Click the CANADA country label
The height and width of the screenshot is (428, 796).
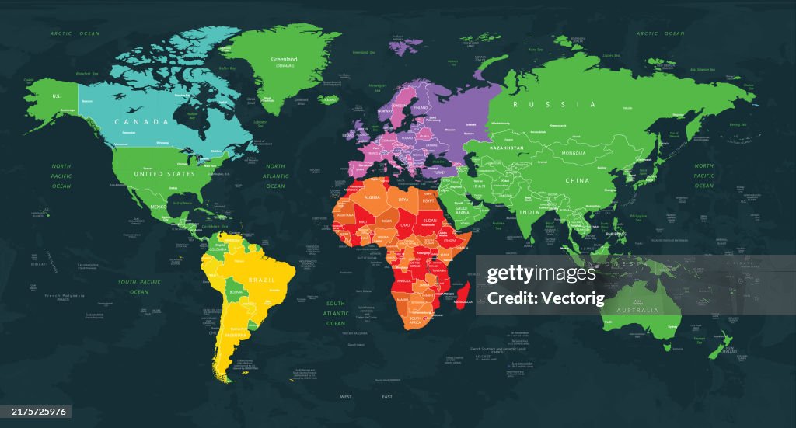tap(141, 122)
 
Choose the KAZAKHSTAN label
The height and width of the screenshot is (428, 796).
tap(506, 148)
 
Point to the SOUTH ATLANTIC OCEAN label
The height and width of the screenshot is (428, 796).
tap(336, 313)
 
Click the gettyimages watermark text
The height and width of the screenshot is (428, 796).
tap(541, 273)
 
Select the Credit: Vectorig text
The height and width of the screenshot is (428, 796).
tap(541, 298)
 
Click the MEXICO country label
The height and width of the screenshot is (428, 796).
tap(159, 207)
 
